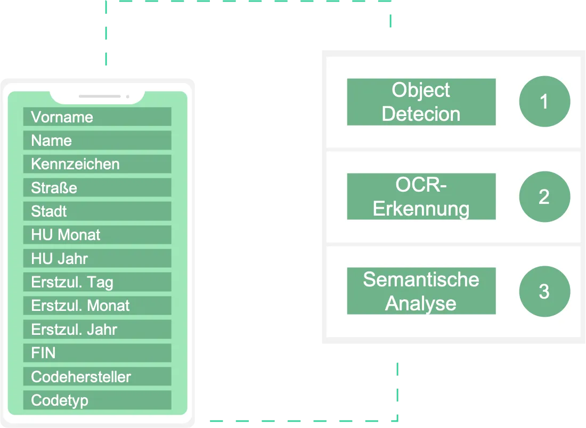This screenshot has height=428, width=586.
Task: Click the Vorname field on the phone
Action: tap(97, 117)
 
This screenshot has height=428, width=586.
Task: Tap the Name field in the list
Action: tap(97, 141)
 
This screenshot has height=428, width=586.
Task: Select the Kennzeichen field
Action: tap(97, 164)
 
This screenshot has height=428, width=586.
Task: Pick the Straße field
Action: tap(97, 188)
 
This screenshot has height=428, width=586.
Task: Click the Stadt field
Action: tap(97, 211)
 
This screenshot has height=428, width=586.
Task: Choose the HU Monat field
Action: tap(97, 235)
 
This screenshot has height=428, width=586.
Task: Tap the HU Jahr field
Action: tap(97, 259)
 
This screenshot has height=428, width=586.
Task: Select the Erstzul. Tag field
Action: tap(97, 282)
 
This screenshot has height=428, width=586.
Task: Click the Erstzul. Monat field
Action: tap(97, 306)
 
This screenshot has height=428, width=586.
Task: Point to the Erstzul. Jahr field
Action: tap(97, 330)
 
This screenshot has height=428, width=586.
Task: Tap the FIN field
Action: tap(97, 353)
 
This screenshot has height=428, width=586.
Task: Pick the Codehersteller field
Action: tap(97, 377)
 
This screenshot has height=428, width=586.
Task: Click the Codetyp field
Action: tap(97, 400)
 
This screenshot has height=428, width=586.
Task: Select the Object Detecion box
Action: tap(421, 102)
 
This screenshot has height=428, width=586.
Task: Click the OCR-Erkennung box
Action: tap(421, 196)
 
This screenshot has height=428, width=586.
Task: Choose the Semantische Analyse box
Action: tap(421, 291)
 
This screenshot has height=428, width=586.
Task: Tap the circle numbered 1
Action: tap(544, 102)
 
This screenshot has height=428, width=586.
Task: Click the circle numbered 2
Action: tap(544, 196)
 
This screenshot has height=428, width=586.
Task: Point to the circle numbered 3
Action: tap(544, 291)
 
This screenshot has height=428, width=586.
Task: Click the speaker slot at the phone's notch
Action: tap(100, 96)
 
